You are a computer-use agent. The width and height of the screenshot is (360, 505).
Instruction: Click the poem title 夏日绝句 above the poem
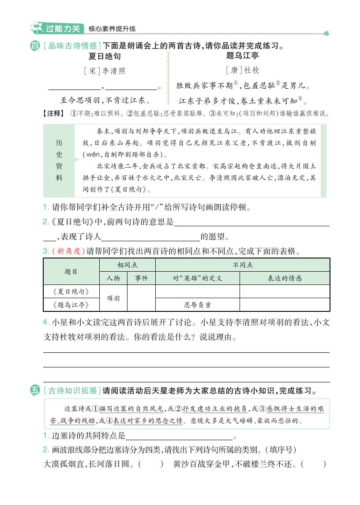(104, 56)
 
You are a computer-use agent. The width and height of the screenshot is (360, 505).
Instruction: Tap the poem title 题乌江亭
(242, 56)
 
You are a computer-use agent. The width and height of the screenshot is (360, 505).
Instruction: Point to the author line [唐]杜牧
(242, 70)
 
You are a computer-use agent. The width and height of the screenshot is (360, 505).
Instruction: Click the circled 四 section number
(36, 45)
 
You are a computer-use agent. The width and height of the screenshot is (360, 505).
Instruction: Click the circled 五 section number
(36, 390)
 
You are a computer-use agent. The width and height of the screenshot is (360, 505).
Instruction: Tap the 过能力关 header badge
(63, 29)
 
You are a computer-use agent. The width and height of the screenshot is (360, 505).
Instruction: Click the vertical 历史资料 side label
(59, 161)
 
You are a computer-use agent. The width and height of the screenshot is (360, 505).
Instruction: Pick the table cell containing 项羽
(113, 298)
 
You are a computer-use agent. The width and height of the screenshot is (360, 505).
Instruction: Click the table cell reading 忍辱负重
(197, 305)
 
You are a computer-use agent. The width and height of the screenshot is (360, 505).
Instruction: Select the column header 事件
(141, 278)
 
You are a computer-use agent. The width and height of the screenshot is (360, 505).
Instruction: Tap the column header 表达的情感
(285, 278)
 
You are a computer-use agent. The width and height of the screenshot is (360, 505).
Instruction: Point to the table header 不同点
(242, 265)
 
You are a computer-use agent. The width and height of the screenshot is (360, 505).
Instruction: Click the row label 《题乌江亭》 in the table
(71, 305)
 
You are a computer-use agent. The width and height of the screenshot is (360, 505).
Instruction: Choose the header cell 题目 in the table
(71, 272)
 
